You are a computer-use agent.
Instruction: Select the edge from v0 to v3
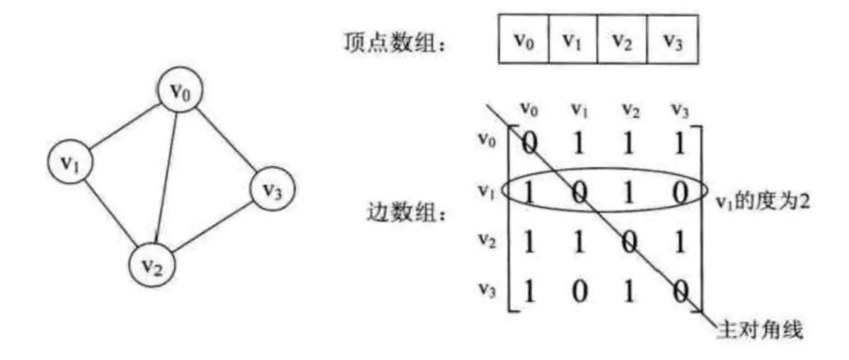[227, 141]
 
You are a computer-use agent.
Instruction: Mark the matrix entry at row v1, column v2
[629, 193]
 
